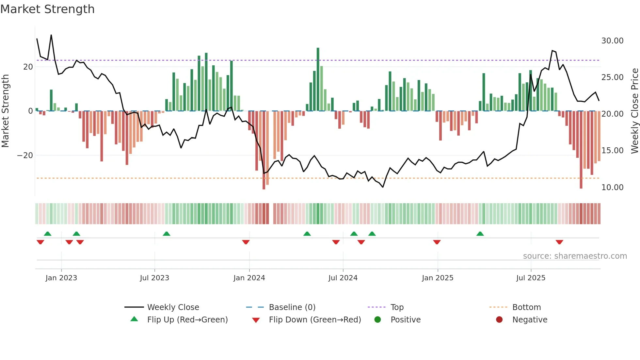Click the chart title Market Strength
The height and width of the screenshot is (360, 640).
[x=47, y=9]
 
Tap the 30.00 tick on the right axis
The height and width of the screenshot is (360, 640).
[x=612, y=41]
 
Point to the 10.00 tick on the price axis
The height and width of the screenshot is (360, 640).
[x=612, y=188]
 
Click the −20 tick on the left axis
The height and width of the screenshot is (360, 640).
[x=25, y=155]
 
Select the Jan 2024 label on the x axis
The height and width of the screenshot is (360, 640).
[x=249, y=278]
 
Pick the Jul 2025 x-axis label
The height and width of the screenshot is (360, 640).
[x=531, y=278]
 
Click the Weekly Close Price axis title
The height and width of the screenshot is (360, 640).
[x=634, y=111]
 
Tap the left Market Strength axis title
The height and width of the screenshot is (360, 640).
[x=5, y=111]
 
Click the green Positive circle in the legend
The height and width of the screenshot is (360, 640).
[x=378, y=320]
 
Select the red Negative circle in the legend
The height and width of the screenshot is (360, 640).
[x=499, y=320]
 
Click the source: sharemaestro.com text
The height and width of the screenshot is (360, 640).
[x=575, y=256]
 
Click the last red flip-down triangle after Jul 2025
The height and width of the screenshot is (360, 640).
[x=559, y=242]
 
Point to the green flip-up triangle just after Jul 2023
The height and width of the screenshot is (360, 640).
[x=167, y=234]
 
